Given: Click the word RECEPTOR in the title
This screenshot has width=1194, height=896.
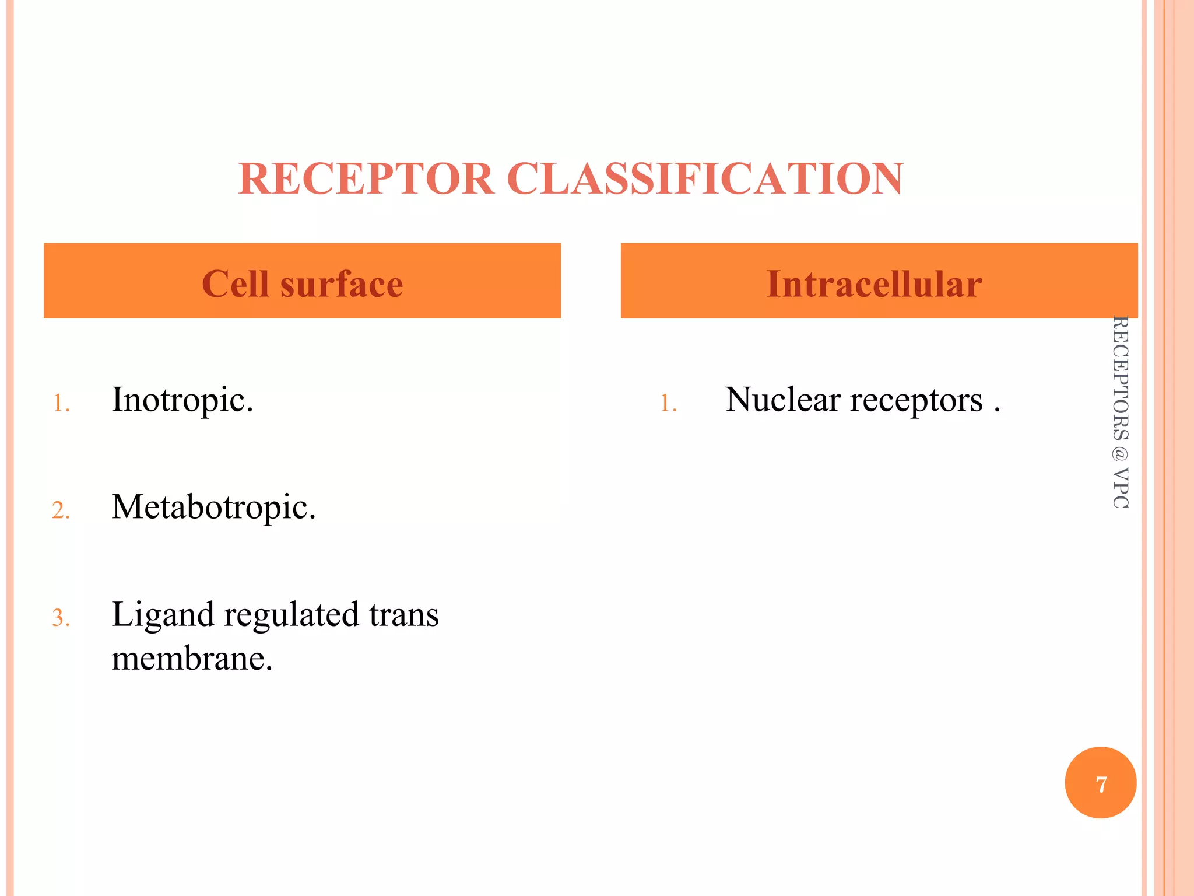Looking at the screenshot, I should pos(366,178).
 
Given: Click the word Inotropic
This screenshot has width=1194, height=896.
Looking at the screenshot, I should pos(182,400).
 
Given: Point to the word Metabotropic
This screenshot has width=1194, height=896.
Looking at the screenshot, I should pos(213,508).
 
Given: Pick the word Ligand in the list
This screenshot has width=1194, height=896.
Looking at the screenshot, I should pos(163,615).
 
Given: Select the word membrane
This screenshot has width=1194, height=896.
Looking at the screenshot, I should pos(192,659).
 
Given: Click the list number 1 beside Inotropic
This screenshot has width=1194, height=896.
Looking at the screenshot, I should pos(61,403).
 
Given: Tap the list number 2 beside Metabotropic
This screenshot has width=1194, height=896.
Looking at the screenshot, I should pos(61,510).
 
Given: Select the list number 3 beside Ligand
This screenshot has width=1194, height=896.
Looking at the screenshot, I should pos(61,618).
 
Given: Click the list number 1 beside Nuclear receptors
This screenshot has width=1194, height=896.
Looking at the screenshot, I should pos(668,403).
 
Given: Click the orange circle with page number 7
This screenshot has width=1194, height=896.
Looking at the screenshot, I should pos(1100,783).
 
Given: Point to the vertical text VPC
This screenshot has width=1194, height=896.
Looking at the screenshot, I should pos(1120,488).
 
